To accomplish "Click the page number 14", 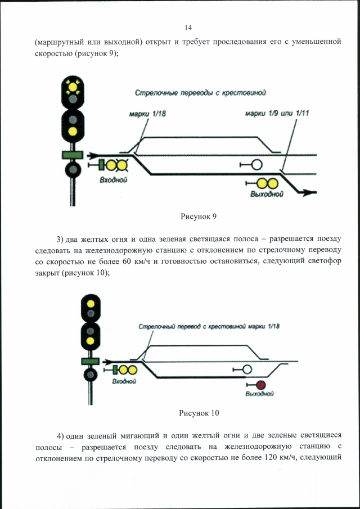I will tap(188, 28).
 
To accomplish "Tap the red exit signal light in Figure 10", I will tap(260, 385).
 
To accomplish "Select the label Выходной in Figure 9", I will tap(266, 194).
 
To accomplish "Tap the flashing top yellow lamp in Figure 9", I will tap(72, 87).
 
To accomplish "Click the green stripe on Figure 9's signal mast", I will tap(72, 154).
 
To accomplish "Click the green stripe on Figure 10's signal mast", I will tap(90, 361).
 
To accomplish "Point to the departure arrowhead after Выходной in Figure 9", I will tap(307, 192).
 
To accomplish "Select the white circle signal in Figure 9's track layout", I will tap(256, 165).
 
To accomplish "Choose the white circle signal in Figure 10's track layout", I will tap(246, 369).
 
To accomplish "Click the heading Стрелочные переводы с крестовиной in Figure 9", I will tap(199, 93).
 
